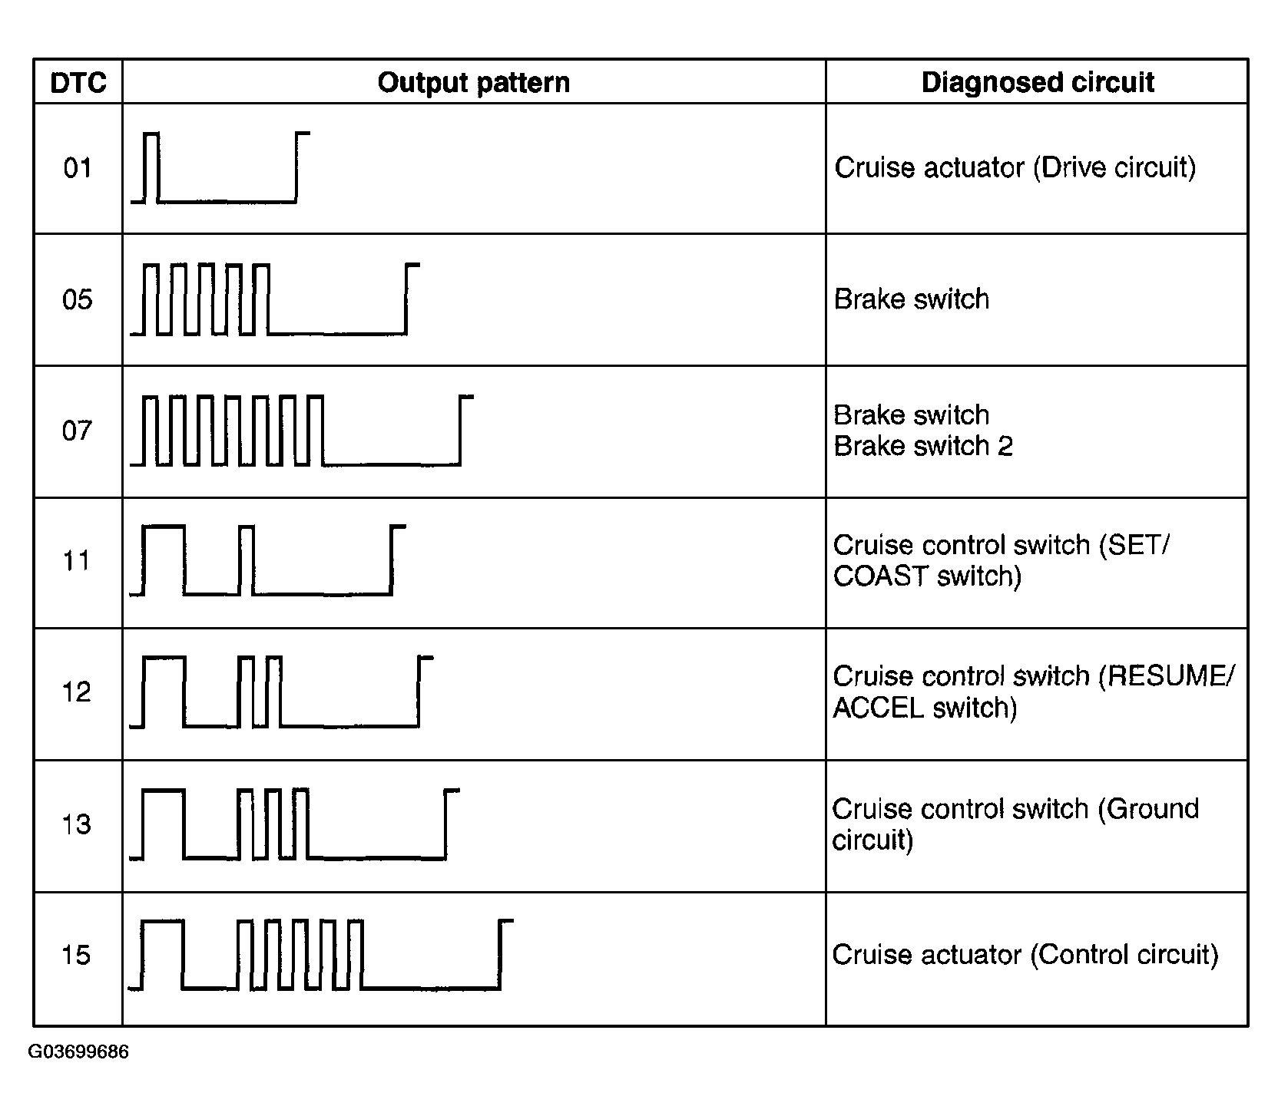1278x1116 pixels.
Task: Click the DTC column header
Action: [78, 83]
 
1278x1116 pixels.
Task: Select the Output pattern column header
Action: [474, 83]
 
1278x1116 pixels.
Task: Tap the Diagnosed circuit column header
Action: [1038, 83]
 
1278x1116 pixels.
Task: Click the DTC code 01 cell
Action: [78, 167]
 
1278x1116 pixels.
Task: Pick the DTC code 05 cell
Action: [78, 299]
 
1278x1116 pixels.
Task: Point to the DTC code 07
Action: [78, 430]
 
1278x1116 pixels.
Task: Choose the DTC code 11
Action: [78, 560]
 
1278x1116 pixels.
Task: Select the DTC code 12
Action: [78, 692]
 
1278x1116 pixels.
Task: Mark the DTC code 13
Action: [78, 824]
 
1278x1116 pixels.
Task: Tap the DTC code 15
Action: [78, 955]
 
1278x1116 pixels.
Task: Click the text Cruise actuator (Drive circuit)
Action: [1015, 168]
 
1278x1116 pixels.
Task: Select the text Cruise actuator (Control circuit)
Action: [1025, 955]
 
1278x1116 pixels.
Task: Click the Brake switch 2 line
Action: [923, 446]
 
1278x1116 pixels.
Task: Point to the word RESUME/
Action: [1167, 676]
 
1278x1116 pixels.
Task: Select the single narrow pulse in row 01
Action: [151, 167]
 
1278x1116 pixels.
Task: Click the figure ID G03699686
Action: [78, 1052]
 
